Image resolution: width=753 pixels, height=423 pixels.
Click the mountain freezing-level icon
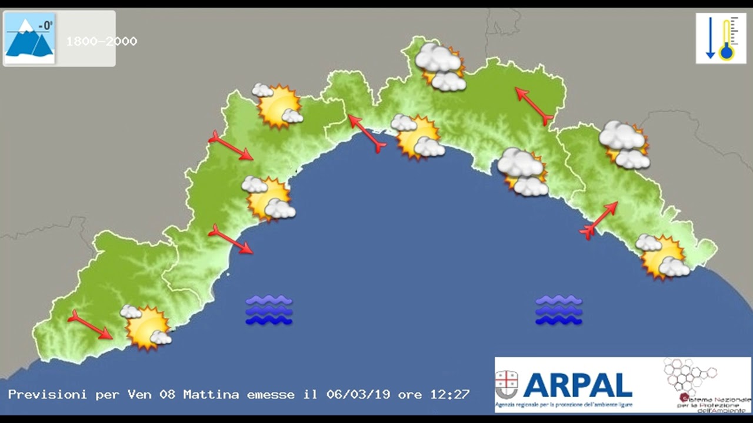(x=29, y=39)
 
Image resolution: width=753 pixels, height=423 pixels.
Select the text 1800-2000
(x=101, y=42)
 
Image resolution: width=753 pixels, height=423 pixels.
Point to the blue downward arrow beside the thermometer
(x=710, y=39)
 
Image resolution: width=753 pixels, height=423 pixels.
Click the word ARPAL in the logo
(x=577, y=385)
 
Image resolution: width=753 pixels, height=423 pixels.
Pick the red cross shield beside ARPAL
(x=507, y=385)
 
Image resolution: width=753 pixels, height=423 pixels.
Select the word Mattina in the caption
(x=211, y=395)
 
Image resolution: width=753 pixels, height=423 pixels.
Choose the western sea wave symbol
(x=269, y=310)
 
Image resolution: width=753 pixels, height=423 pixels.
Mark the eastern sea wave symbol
(x=558, y=310)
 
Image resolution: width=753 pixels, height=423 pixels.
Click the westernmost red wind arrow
(x=89, y=325)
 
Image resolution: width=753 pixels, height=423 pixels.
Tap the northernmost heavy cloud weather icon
(x=441, y=67)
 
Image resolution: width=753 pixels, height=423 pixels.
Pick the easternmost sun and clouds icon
(x=664, y=257)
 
